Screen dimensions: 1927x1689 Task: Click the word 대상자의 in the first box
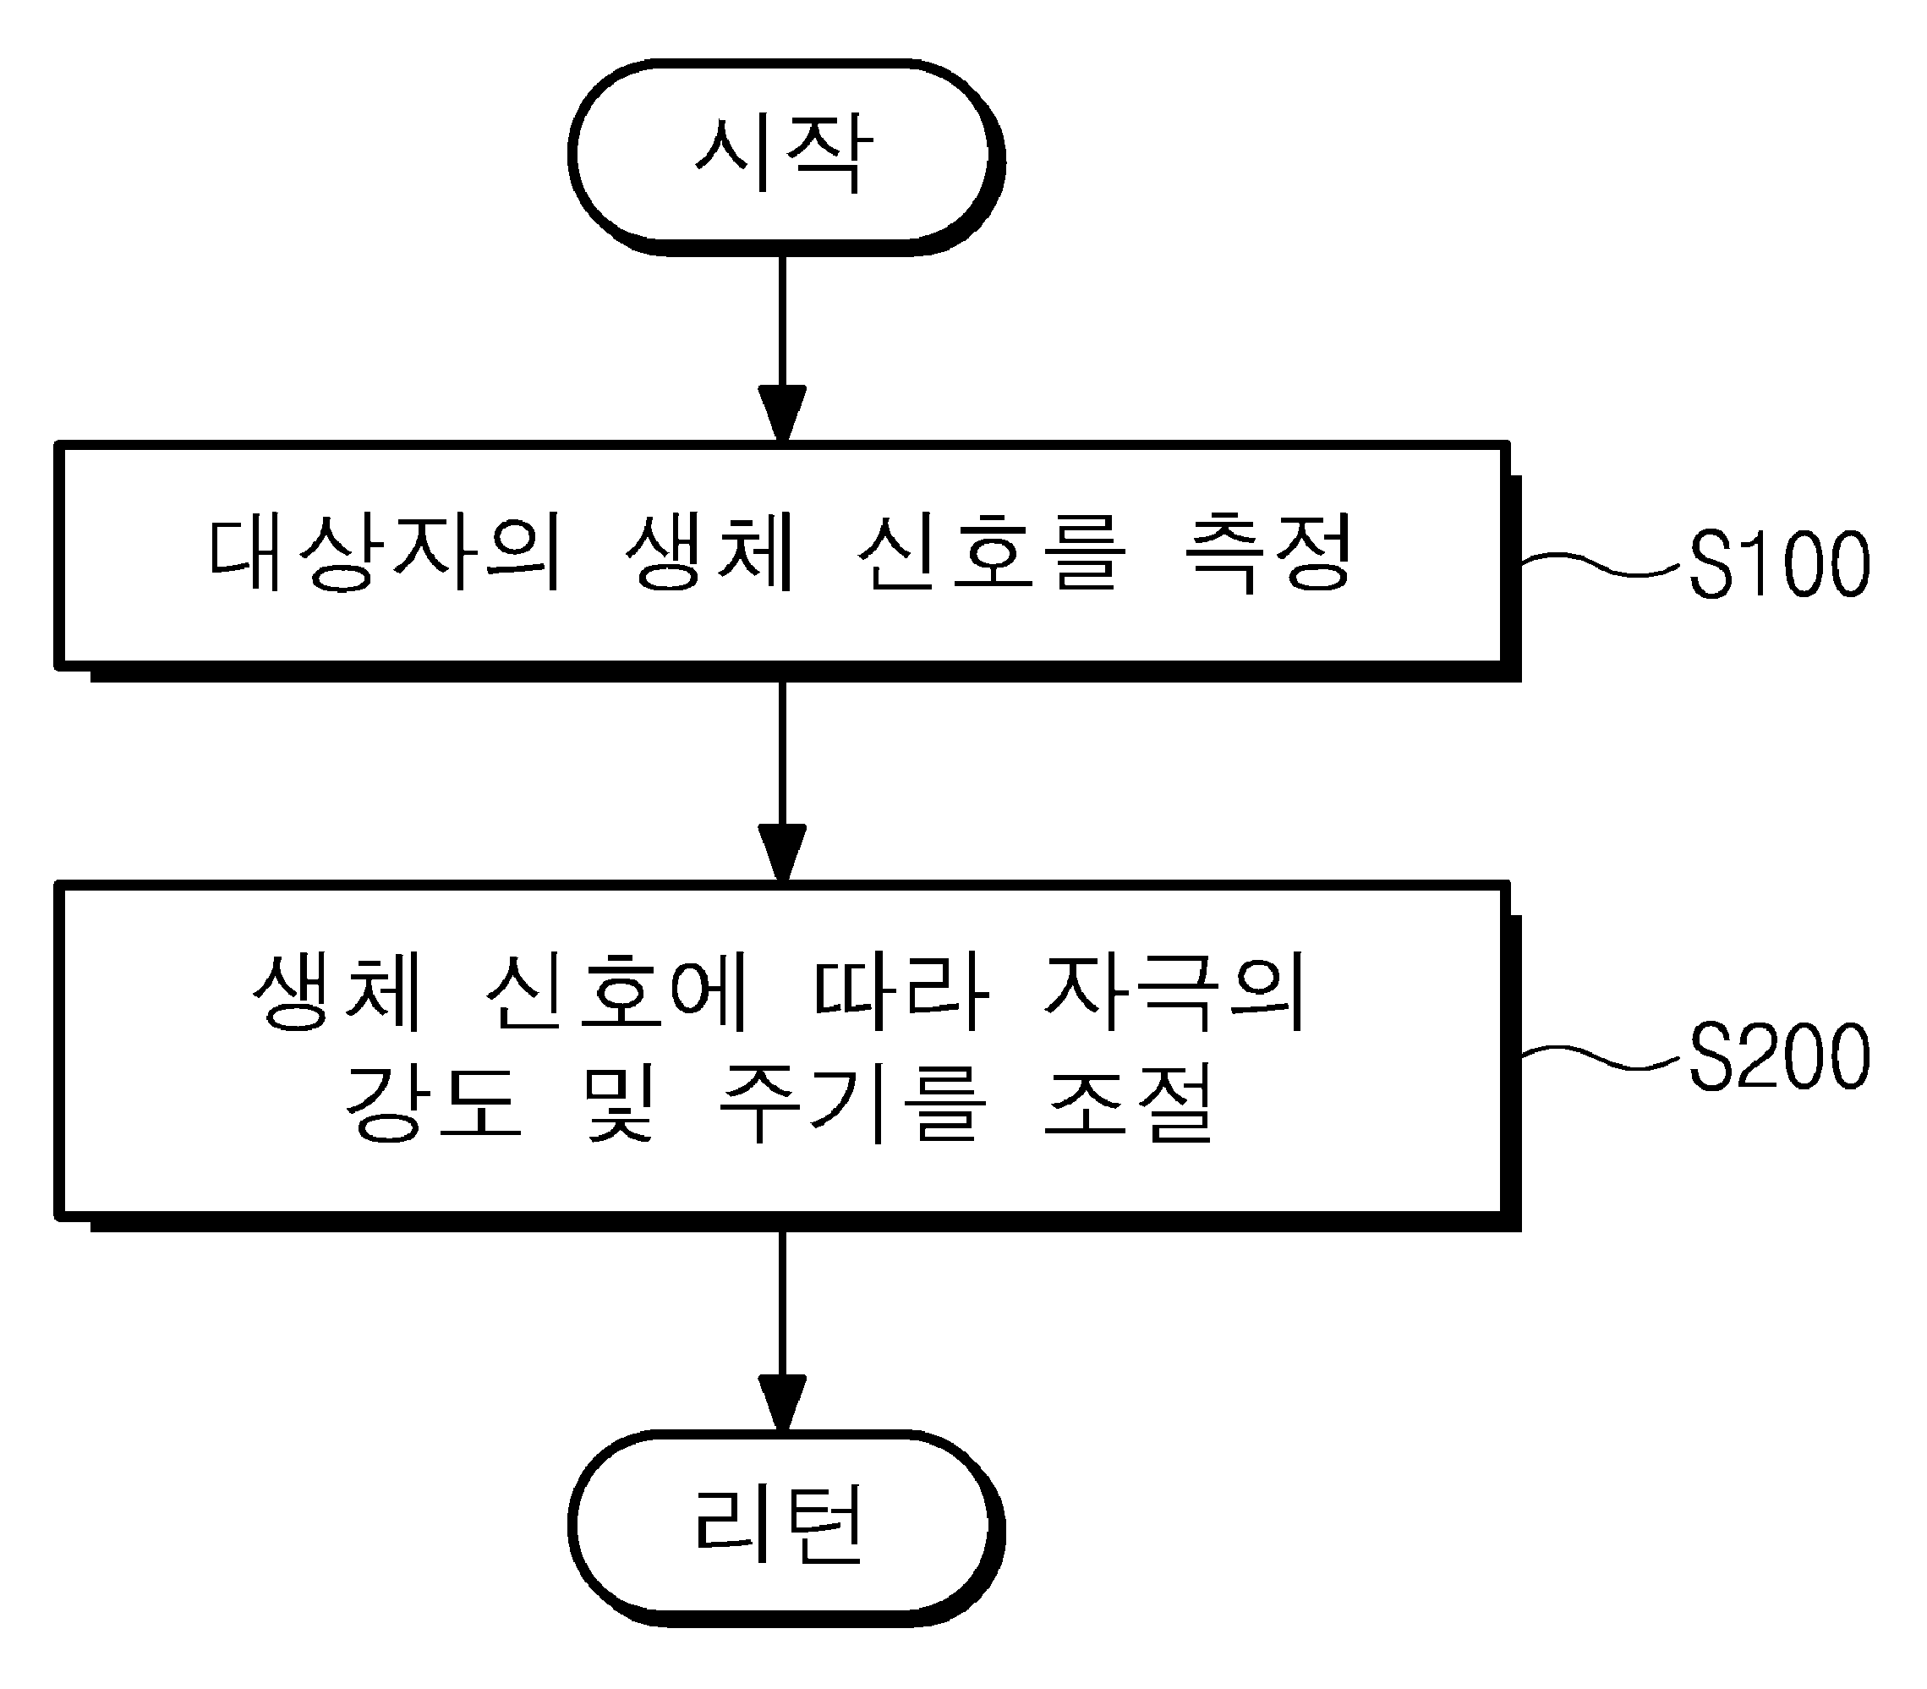coord(385,553)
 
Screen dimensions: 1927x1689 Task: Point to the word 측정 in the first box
coord(1267,553)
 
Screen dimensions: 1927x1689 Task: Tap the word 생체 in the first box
coord(710,553)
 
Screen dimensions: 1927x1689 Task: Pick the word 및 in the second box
coord(618,1104)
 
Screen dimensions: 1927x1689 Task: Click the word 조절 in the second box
coord(1129,1104)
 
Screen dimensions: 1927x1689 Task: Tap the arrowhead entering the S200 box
coord(782,854)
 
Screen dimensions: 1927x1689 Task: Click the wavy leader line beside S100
coord(1601,562)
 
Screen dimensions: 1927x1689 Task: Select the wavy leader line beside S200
coord(1601,1056)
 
